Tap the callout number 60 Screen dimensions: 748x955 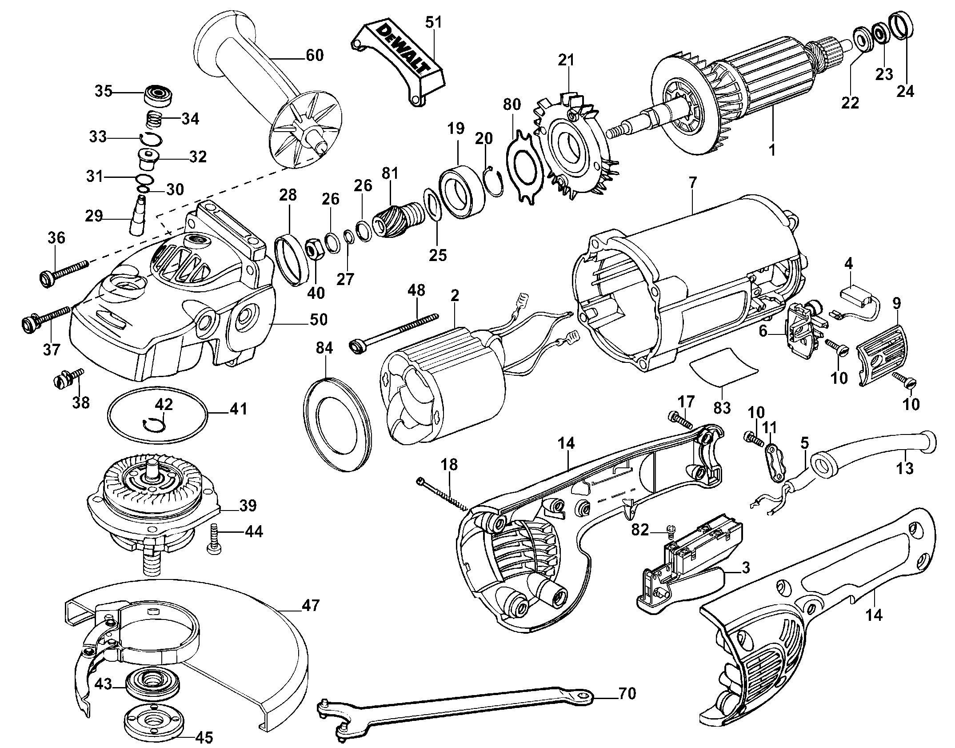pyautogui.click(x=314, y=56)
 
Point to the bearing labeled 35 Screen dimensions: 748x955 pyautogui.click(x=158, y=95)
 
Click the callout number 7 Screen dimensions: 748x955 pyautogui.click(x=693, y=183)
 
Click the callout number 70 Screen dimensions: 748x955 pyautogui.click(x=627, y=693)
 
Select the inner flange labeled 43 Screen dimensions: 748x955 pyautogui.click(x=152, y=683)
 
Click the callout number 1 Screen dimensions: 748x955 pyautogui.click(x=772, y=150)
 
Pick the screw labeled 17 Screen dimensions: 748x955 pyautogui.click(x=677, y=419)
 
